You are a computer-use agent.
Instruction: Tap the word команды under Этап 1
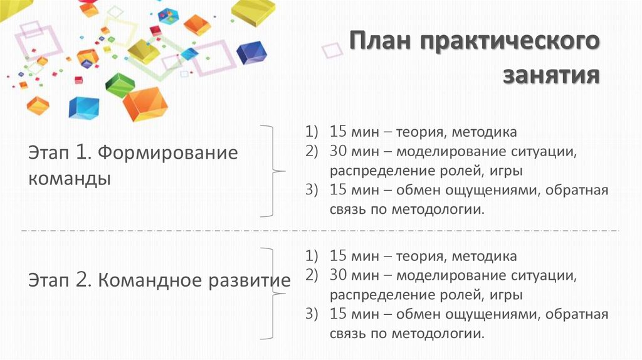pos(70,179)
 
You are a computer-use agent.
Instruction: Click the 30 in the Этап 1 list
pos(338,151)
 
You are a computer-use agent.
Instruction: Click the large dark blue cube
pos(251,53)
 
